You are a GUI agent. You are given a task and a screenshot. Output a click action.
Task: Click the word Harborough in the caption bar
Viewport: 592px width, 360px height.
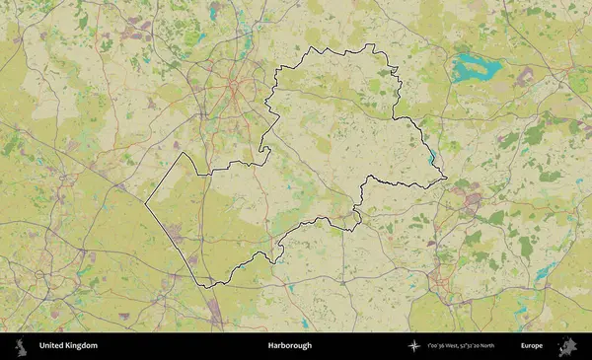coord(289,346)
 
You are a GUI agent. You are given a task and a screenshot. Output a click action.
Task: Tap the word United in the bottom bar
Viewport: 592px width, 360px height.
coord(52,346)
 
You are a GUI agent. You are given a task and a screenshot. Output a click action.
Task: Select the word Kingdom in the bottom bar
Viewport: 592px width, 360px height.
coord(82,346)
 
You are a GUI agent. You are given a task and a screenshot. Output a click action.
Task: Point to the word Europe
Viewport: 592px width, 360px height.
coord(532,346)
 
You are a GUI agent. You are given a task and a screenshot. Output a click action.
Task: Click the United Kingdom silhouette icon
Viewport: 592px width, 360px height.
coord(20,346)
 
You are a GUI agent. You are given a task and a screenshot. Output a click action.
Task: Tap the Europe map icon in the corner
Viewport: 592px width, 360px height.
coord(567,346)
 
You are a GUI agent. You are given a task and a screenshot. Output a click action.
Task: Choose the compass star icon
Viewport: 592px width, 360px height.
coord(414,346)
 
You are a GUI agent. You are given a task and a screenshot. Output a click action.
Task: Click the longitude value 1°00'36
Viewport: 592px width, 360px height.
coord(438,346)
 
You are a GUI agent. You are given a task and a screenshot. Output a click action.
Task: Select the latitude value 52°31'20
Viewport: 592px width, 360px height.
coord(482,346)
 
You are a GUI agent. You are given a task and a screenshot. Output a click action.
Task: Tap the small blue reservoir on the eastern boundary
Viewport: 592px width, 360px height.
coord(433,156)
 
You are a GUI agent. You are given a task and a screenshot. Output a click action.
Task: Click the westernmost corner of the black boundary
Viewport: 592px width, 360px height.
coord(146,203)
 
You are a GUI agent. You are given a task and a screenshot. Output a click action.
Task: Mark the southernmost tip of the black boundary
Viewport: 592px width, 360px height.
coord(207,286)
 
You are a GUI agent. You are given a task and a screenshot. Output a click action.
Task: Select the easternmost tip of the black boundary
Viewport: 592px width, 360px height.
coord(446,179)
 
